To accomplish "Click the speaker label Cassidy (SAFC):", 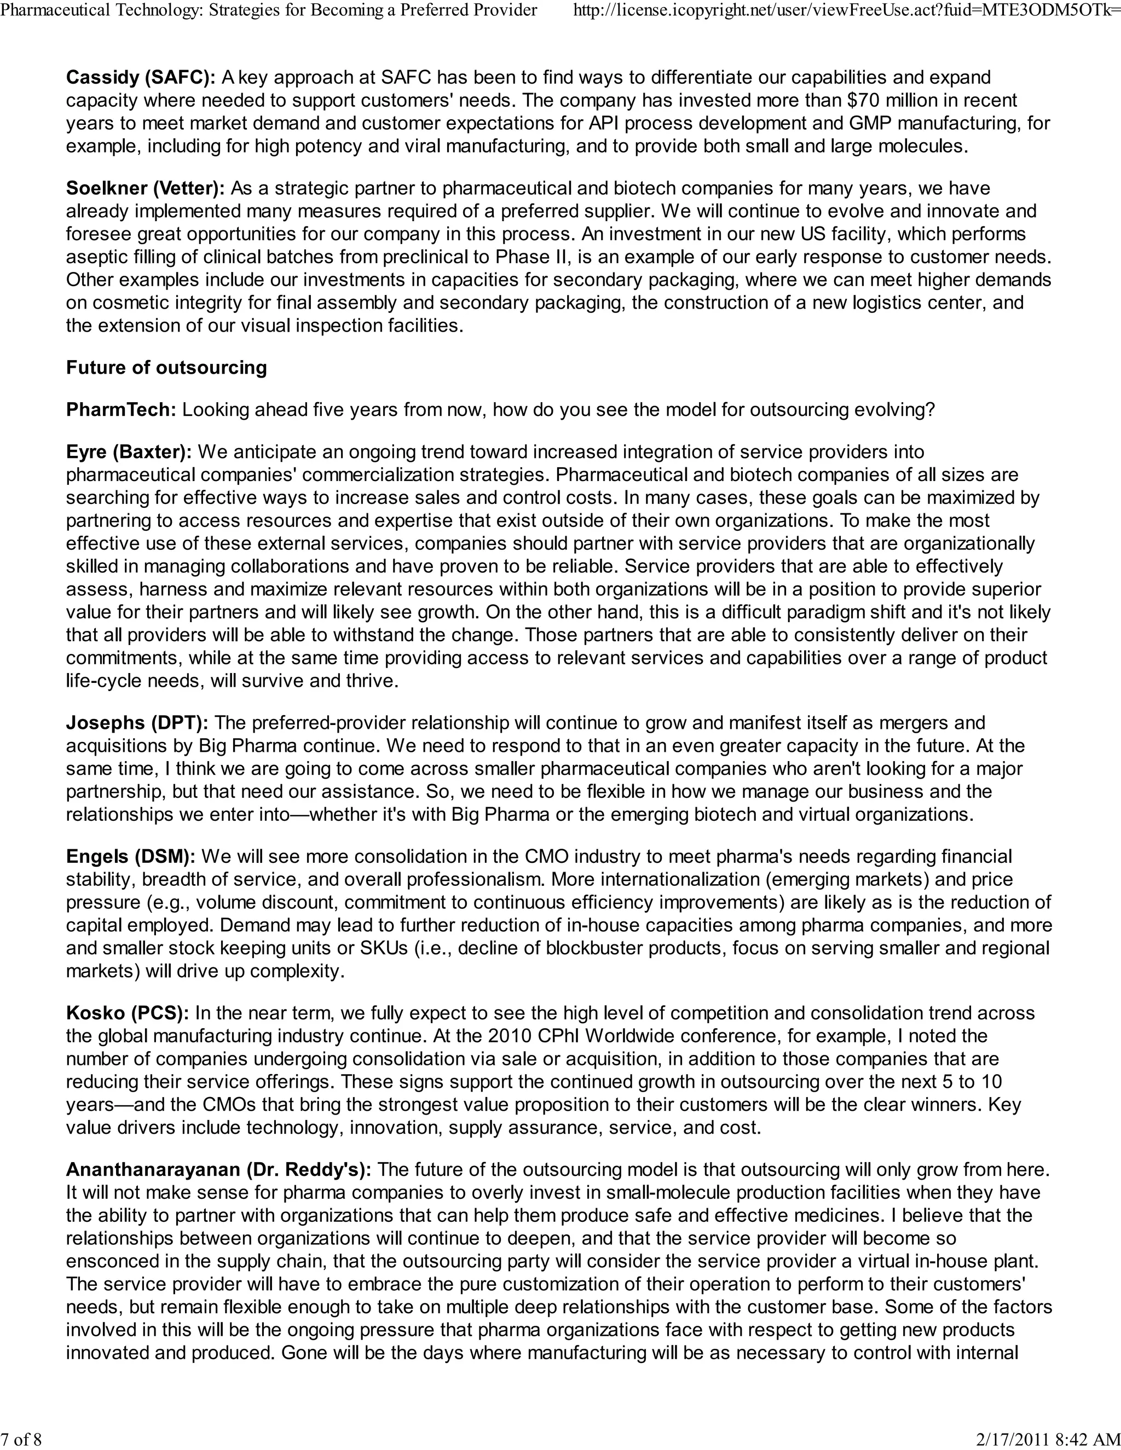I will tap(140, 78).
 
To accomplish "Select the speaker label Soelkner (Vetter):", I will tap(146, 189).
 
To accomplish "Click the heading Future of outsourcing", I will tap(166, 368).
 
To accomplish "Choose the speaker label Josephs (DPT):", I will tap(137, 723).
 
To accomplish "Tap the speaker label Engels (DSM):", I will tap(131, 856).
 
